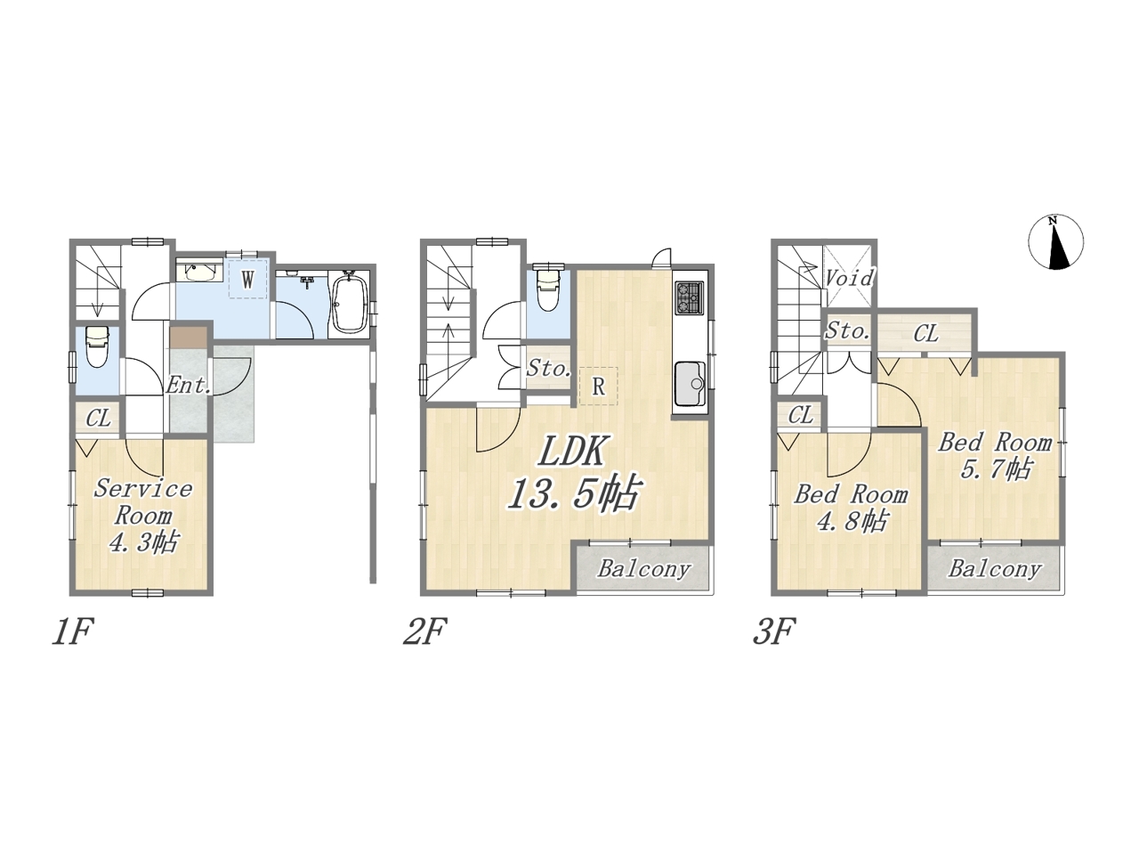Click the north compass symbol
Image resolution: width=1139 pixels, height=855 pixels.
coord(1055,242)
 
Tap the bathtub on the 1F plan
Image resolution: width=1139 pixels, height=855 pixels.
coord(349,304)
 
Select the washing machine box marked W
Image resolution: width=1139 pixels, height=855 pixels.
coord(248,280)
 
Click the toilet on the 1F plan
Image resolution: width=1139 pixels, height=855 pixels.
coord(97,346)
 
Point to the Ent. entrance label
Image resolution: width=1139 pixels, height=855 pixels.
coord(188,385)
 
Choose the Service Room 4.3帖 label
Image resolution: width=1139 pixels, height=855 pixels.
coord(142,516)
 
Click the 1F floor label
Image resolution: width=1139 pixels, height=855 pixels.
coord(72,631)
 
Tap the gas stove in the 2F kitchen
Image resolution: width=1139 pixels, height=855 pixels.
coord(689,297)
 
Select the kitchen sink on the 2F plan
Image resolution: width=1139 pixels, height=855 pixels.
coord(690,385)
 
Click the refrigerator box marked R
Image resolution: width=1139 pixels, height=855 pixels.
coord(598,387)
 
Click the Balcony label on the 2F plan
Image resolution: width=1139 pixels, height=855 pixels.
coord(643,569)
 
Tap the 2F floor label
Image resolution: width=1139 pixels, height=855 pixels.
coord(424,631)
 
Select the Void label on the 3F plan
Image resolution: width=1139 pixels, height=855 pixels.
coord(849,278)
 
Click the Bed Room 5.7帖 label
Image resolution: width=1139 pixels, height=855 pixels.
coord(995,456)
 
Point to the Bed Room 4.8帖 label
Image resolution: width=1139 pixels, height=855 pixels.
coord(851,509)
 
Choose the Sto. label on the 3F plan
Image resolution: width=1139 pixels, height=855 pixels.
coord(847,330)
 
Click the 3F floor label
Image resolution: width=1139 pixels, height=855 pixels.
coord(774,631)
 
